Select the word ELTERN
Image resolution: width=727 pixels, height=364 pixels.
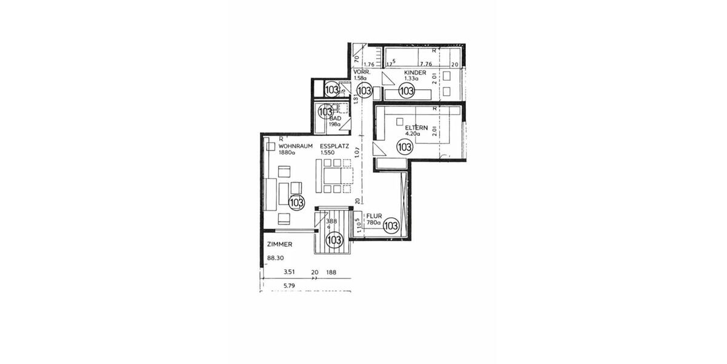(x=417, y=128)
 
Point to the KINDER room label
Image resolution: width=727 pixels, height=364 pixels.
(x=416, y=73)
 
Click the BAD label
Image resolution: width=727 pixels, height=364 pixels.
(x=335, y=118)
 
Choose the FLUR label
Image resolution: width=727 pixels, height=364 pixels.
(x=373, y=215)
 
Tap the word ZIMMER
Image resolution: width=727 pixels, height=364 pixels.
(x=280, y=244)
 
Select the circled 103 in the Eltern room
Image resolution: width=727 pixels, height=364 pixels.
(x=405, y=146)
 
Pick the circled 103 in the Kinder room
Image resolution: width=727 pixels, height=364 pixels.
(x=406, y=91)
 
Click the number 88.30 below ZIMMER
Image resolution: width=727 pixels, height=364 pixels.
(x=275, y=257)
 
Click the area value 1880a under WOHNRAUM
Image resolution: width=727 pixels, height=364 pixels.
(x=287, y=153)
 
